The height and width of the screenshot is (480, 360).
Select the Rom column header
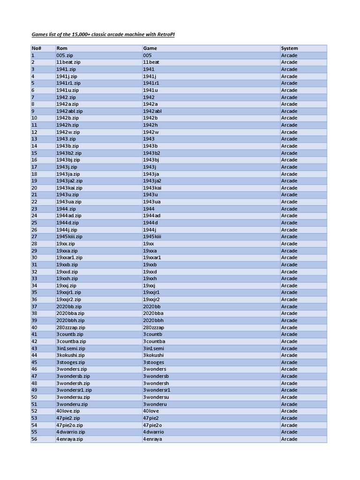click(61, 48)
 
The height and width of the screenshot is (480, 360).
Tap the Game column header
click(150, 48)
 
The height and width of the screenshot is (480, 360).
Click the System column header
click(289, 48)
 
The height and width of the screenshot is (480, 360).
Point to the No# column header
click(36, 48)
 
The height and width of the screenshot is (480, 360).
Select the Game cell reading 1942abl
click(152, 111)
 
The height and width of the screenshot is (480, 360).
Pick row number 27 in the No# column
click(34, 237)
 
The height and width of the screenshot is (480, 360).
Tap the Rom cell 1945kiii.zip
click(69, 237)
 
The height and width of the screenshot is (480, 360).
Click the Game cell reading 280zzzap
click(154, 328)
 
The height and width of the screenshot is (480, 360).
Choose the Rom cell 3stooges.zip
click(71, 362)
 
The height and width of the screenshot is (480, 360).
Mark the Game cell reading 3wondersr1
click(157, 390)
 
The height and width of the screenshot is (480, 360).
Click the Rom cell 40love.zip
click(68, 411)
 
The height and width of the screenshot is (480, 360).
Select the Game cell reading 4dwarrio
click(154, 432)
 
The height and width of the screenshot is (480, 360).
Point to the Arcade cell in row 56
click(289, 439)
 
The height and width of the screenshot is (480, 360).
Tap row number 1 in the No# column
click(33, 55)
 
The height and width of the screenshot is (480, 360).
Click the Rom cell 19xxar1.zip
click(69, 258)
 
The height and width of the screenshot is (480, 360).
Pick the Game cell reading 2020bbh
click(153, 321)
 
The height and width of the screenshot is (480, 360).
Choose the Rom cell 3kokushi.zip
click(71, 355)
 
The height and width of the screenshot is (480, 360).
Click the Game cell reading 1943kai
click(152, 188)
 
